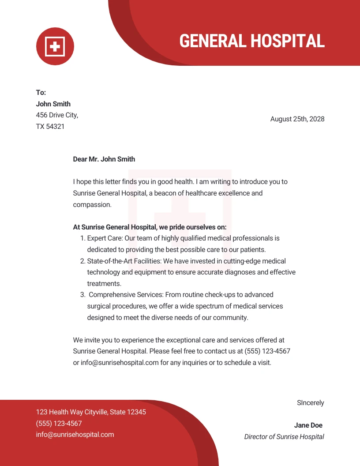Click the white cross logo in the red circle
pos(55,46)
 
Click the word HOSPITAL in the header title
pos(288,41)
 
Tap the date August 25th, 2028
pos(297,119)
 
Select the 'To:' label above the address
pos(41,93)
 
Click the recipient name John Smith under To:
pos(53,104)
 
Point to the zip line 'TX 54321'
pos(50,127)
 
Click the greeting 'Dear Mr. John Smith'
pos(104,159)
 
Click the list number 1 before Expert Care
pos(82,238)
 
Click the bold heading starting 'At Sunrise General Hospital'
pos(150,227)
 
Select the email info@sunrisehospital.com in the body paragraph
pos(120,363)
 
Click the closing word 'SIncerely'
pos(311,403)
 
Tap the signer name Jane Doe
pos(308,425)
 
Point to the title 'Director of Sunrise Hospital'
pos(284,437)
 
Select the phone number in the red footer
pos(59,424)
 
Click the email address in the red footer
pos(75,435)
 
